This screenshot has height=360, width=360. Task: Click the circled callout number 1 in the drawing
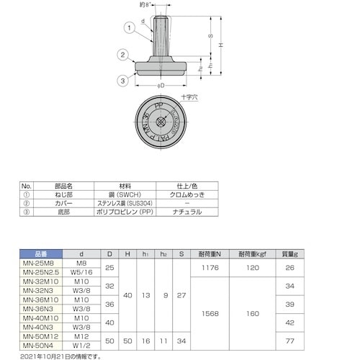(x=130, y=29)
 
